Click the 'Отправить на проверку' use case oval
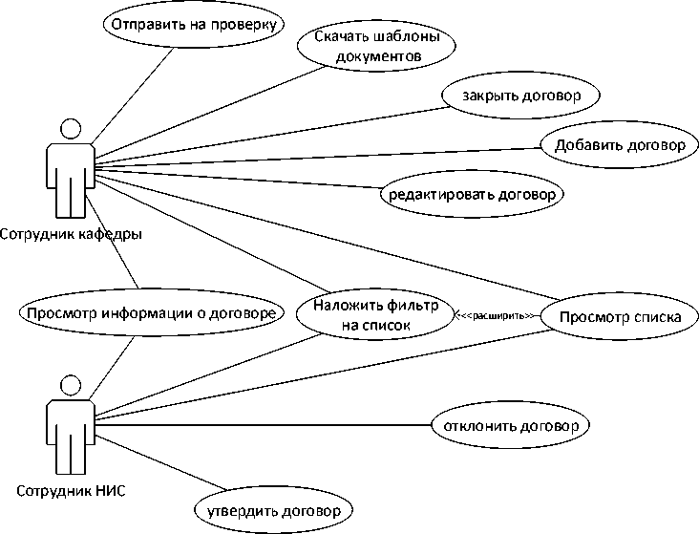tap(193, 26)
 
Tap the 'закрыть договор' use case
tap(521, 96)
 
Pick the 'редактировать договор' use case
tap(472, 194)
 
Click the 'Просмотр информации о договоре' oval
tap(152, 313)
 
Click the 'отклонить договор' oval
tap(510, 423)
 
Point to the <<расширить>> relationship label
tap(494, 314)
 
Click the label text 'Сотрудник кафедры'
tap(66, 234)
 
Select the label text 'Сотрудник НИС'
tap(71, 492)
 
